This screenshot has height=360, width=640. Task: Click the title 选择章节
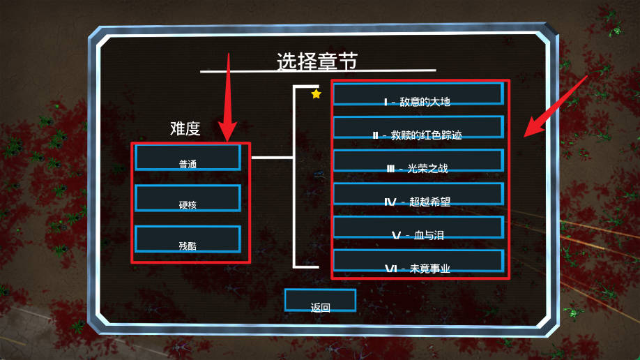(x=317, y=61)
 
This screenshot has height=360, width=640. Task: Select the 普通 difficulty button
(x=188, y=158)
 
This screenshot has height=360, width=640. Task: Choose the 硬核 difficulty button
(x=188, y=199)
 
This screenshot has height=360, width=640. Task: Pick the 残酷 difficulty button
(x=188, y=240)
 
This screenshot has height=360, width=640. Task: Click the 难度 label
(x=185, y=128)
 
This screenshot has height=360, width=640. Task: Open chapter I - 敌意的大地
(x=418, y=95)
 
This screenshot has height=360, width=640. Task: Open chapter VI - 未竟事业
(x=418, y=262)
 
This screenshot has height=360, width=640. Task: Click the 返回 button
(x=320, y=301)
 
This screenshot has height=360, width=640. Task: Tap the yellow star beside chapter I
(x=316, y=93)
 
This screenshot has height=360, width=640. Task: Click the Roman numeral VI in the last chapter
(x=390, y=269)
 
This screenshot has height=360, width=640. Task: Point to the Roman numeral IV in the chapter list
(x=390, y=202)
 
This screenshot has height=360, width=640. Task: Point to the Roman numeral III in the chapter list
(x=390, y=169)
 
